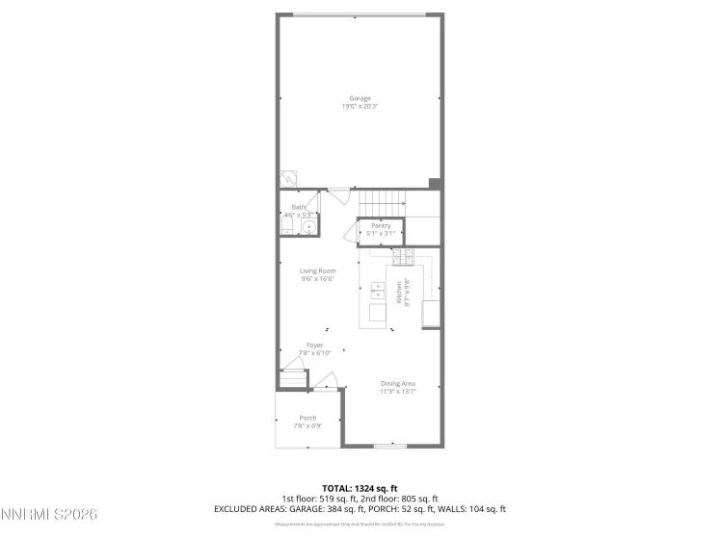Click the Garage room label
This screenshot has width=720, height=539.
360,98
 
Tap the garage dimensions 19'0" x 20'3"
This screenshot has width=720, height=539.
360,106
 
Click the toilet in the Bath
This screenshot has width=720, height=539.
287,225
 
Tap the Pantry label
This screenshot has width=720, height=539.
381,225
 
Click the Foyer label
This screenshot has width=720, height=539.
314,345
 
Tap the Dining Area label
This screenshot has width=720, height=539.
396,384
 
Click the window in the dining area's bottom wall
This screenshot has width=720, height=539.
389,446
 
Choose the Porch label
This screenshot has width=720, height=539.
307,417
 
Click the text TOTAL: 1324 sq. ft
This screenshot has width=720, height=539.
360,487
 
